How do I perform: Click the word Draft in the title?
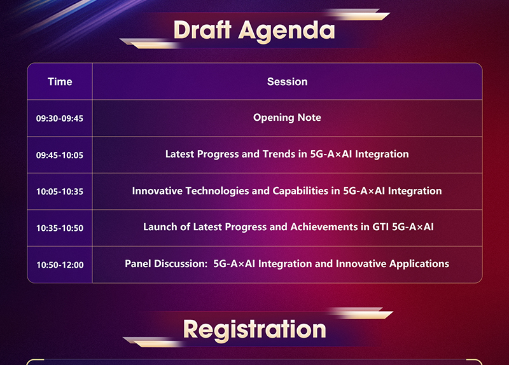202,30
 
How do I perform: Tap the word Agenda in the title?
287,32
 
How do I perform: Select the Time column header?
60,81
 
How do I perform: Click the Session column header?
288,81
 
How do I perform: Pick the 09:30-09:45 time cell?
60,118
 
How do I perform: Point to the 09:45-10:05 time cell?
60,155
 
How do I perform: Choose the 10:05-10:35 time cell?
60,191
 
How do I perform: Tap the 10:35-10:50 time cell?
60,228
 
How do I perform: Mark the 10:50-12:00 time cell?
60,265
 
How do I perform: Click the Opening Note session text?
288,118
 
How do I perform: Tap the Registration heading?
254,330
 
